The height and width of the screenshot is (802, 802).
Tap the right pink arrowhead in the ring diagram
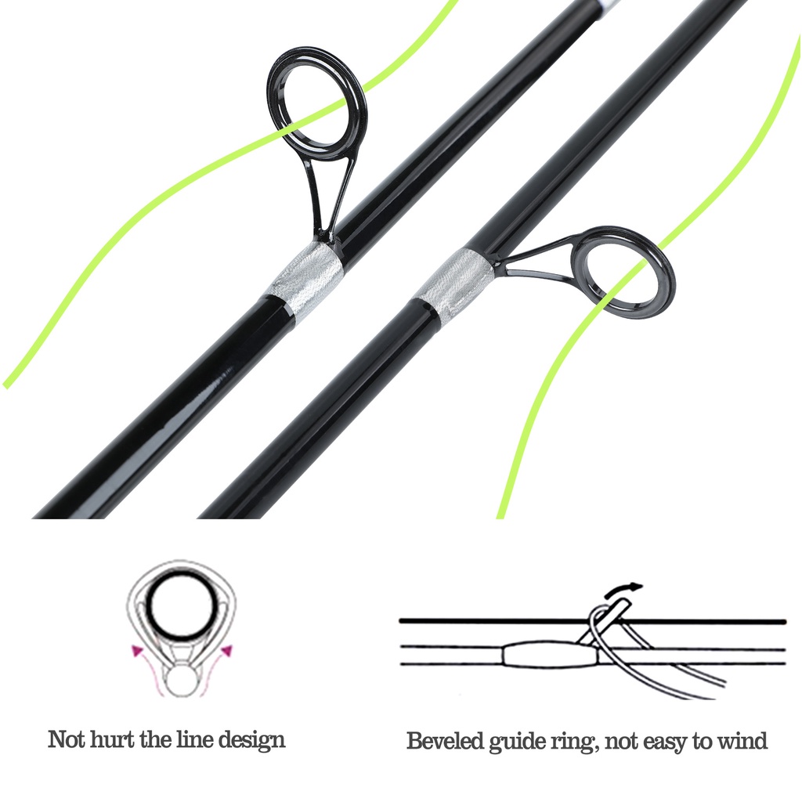226,649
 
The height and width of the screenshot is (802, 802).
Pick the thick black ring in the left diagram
182,609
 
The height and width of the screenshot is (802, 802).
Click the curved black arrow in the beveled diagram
627,587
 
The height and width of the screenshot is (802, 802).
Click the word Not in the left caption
66,739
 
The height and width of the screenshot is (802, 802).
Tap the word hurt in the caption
115,739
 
